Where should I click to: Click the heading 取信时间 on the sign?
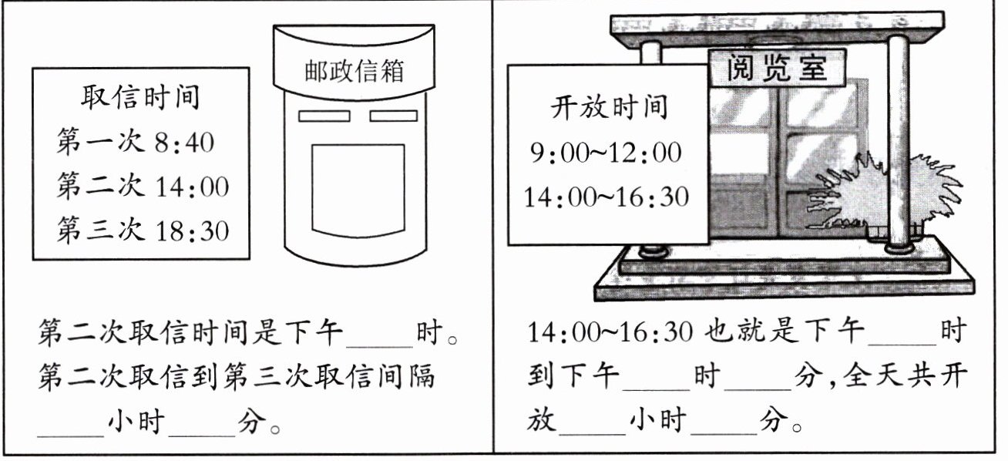(139, 98)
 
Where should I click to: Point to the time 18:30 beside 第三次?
(193, 230)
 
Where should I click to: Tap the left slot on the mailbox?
(323, 116)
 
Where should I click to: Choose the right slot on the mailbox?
(393, 116)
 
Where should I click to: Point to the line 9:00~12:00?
(606, 153)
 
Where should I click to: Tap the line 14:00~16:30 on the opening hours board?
(606, 197)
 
